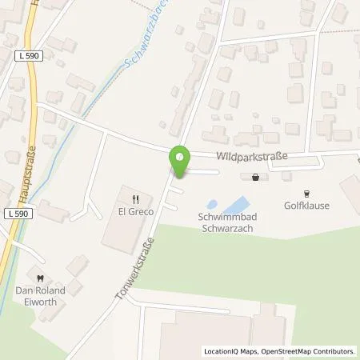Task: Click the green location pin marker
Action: [181, 162]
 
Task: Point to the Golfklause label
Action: [308, 206]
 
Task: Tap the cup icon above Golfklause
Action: [307, 193]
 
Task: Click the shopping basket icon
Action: [255, 178]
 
